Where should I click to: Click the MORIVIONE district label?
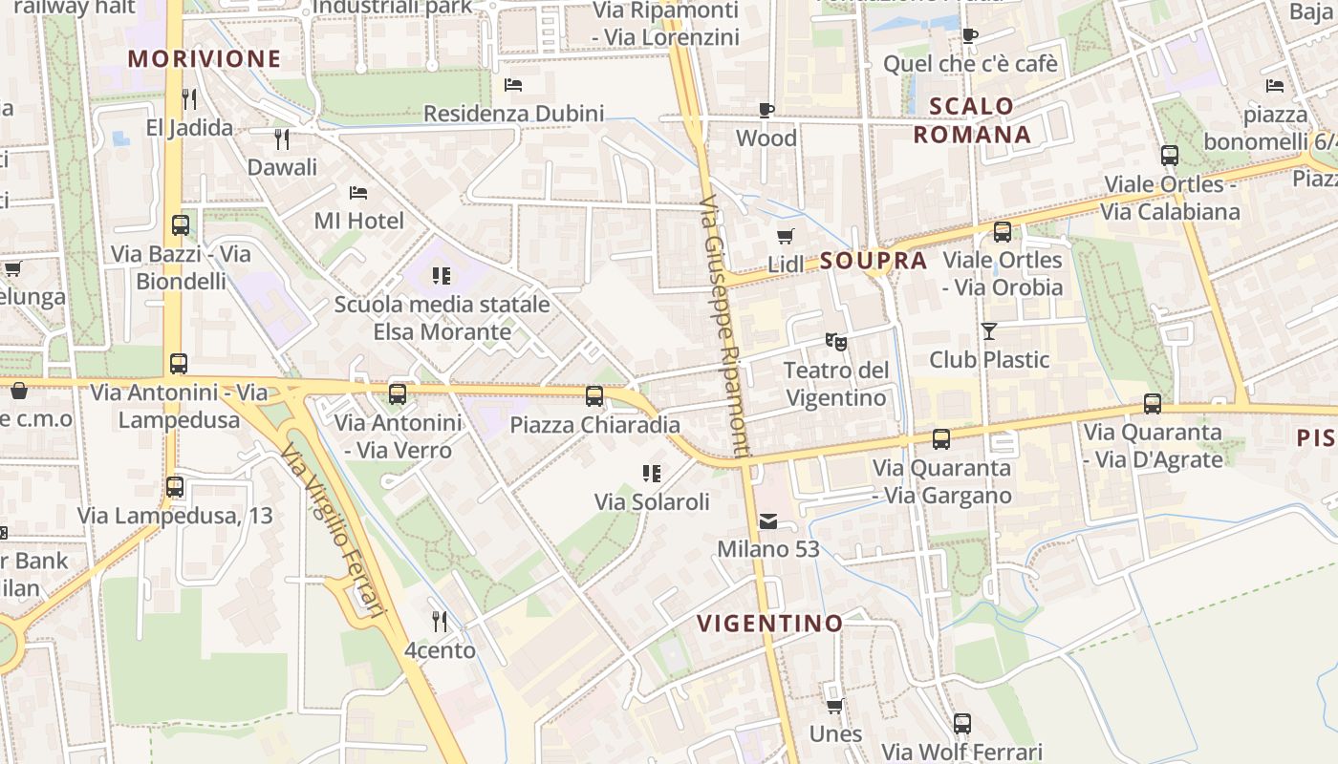(x=205, y=58)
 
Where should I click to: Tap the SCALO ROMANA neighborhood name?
(x=972, y=120)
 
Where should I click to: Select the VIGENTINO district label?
(x=770, y=624)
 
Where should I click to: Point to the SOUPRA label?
(x=874, y=261)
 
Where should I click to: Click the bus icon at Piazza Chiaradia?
(x=594, y=395)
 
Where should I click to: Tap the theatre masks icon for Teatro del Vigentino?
(x=836, y=341)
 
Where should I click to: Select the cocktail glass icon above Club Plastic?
(x=988, y=331)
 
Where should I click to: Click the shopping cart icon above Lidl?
(x=786, y=236)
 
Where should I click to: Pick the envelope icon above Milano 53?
(x=768, y=521)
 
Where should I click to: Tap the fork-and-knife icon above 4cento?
(x=440, y=622)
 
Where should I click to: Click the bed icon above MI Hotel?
(x=358, y=193)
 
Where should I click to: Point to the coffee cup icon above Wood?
(x=766, y=110)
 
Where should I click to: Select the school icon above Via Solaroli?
(x=652, y=473)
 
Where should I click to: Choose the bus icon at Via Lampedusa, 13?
(x=175, y=487)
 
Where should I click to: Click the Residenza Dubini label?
(x=513, y=114)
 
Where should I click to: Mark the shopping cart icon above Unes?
(x=835, y=706)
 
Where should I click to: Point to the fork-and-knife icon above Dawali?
(x=282, y=139)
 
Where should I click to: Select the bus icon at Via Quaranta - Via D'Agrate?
(x=1153, y=404)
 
